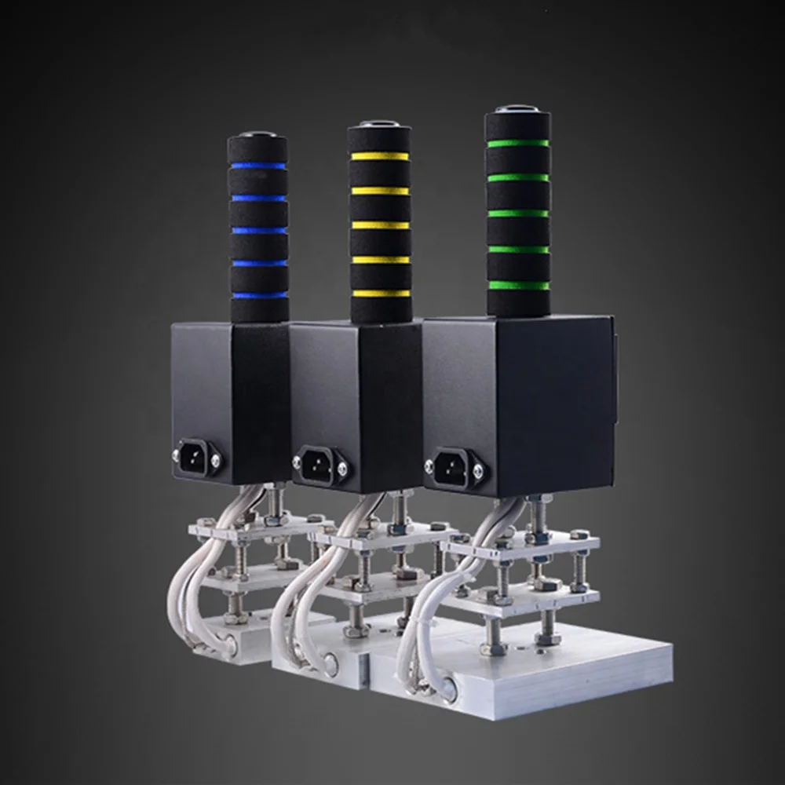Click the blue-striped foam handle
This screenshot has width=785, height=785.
point(257,228)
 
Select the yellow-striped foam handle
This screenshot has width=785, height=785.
point(380,224)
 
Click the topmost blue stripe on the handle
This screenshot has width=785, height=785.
point(257,166)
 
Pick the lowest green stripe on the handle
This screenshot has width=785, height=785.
point(517,285)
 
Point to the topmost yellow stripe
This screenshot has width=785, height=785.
point(380,156)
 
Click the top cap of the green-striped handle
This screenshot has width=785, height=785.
point(517,112)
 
